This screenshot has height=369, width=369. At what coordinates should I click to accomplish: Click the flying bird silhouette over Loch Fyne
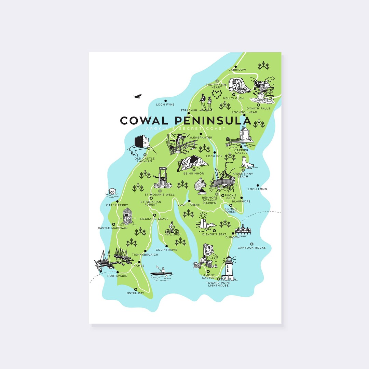[x=137, y=96]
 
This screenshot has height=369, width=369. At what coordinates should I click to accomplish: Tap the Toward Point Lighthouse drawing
[x=228, y=269]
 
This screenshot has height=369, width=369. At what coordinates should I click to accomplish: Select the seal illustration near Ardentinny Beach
[x=247, y=163]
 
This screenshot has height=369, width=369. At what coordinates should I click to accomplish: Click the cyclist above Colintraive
[x=172, y=228]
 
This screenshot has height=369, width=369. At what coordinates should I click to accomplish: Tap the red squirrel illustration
[x=200, y=186]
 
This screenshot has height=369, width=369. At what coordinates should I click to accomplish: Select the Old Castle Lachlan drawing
[x=141, y=143]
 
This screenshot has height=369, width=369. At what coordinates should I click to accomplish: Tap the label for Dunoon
[x=232, y=237]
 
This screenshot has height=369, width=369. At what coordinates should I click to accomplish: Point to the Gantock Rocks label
[x=251, y=248]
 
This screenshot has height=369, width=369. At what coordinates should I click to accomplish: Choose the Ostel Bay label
[x=136, y=293]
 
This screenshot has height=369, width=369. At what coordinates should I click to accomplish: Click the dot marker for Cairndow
[x=236, y=67]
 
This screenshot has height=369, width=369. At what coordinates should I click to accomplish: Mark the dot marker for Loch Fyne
[x=165, y=101]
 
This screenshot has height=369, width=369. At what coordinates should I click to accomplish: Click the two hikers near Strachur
[x=206, y=102]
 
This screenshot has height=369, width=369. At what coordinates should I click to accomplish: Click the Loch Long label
[x=257, y=189]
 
